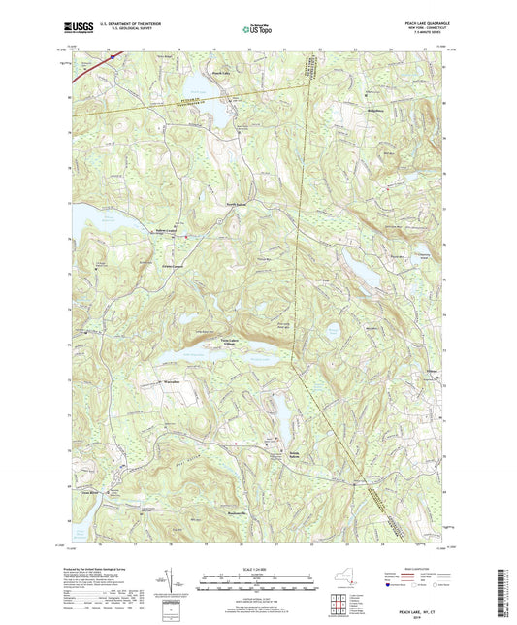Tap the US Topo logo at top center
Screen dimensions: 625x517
[x=255, y=29]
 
